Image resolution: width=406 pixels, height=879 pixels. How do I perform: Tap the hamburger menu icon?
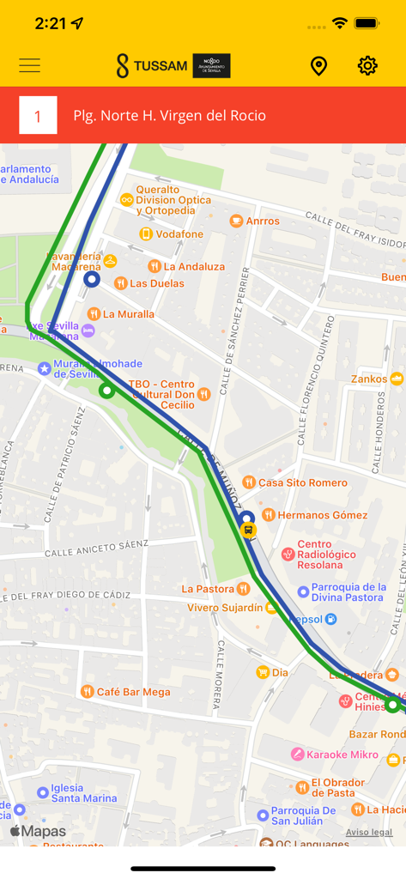click(x=30, y=65)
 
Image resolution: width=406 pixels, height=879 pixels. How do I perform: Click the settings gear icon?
click(x=367, y=65)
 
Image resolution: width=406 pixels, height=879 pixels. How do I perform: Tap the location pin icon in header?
click(x=318, y=65)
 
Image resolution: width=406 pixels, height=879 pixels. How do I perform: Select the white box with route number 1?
click(x=38, y=115)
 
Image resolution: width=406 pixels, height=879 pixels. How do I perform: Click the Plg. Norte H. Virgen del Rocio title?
click(x=169, y=115)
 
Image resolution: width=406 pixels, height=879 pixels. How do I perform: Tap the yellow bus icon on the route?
click(x=249, y=530)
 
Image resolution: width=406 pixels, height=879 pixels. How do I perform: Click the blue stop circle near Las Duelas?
click(x=92, y=279)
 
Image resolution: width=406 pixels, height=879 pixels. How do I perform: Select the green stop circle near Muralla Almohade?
click(x=106, y=391)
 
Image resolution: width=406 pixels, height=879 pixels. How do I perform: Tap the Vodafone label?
click(x=179, y=234)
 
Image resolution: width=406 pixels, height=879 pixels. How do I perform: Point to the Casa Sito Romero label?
click(x=302, y=482)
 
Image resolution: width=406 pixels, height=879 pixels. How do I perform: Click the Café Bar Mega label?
click(x=133, y=692)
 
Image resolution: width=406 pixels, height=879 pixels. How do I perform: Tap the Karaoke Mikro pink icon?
click(x=298, y=754)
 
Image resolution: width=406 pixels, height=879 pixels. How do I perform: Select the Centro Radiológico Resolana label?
click(x=326, y=555)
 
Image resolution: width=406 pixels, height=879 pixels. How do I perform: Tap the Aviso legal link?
click(x=369, y=833)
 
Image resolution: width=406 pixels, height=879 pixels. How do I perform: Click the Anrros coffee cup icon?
click(x=236, y=221)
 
